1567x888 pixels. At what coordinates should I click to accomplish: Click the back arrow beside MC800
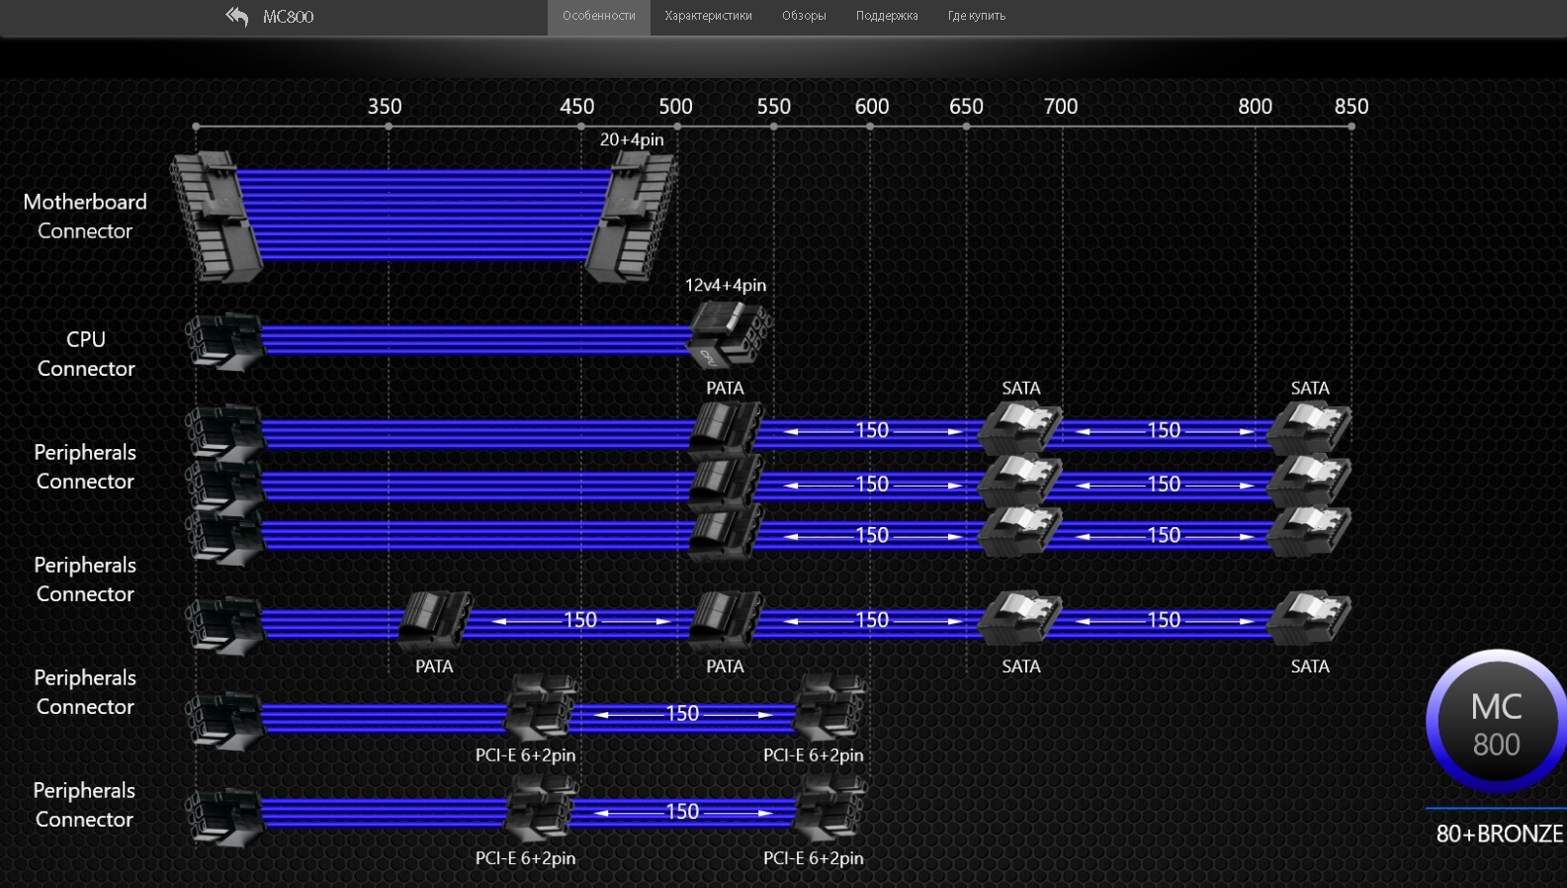(237, 16)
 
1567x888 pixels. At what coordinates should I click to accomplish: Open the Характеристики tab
(708, 16)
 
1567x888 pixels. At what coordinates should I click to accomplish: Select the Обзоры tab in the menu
(804, 16)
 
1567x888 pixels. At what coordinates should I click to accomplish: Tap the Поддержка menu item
(887, 16)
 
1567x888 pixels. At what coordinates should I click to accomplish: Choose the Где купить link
(976, 16)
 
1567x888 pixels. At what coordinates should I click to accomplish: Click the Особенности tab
(599, 16)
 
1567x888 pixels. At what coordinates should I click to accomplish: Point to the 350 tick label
(385, 107)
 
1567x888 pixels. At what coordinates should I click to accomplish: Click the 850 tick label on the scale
(1350, 107)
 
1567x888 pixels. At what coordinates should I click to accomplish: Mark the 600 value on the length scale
(872, 107)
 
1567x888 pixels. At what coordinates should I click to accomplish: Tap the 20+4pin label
(632, 139)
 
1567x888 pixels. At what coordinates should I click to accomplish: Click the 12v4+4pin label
(726, 285)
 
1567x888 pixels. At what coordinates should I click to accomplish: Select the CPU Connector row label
(85, 353)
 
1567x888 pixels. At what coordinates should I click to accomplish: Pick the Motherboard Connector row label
(85, 217)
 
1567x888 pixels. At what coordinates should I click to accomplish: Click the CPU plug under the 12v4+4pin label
(729, 334)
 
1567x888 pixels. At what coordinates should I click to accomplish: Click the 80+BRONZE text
(1499, 834)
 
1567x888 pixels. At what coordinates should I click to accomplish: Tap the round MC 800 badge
(1497, 722)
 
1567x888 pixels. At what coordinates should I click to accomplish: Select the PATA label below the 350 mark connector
(434, 666)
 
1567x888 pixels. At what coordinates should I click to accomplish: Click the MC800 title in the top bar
(288, 16)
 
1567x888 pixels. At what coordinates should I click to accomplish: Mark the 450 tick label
(576, 107)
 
